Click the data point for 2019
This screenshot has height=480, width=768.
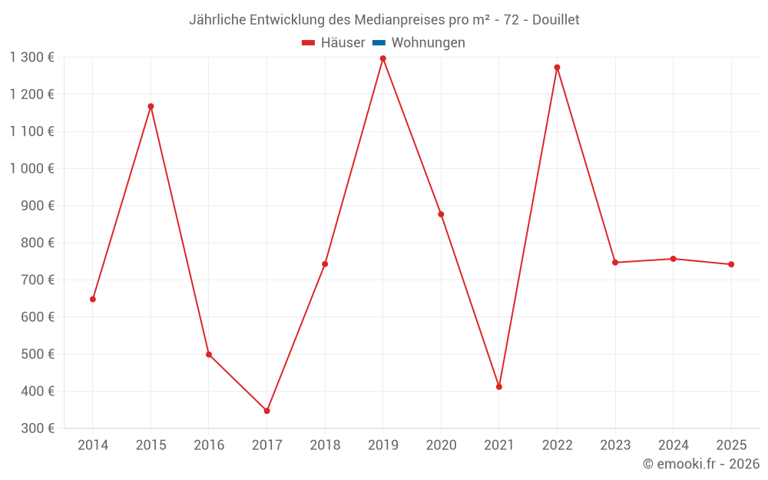383,58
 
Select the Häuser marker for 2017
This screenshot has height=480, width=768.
266,411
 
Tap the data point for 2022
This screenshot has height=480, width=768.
557,68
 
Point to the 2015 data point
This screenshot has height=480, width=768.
151,106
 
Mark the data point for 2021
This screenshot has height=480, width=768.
499,387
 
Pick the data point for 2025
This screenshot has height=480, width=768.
731,264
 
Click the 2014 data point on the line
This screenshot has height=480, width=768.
93,299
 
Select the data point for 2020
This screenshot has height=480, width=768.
441,214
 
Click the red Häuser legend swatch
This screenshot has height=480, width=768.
309,43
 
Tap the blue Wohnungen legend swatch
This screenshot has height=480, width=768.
379,43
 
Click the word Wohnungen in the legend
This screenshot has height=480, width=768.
428,43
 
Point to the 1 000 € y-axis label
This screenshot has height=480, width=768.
32,168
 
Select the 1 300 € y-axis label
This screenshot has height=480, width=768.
32,57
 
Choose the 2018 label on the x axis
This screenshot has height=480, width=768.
325,445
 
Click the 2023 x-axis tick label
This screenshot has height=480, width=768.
615,445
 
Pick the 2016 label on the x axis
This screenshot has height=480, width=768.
209,445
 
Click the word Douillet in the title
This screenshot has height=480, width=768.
554,19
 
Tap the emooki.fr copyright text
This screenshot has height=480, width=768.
701,464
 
